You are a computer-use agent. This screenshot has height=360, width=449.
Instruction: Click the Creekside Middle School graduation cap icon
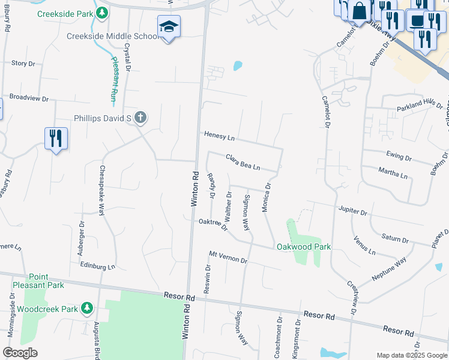(169, 26)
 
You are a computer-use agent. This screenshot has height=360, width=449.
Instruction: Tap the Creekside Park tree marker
(102, 13)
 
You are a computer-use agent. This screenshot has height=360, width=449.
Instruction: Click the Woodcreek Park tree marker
(87, 308)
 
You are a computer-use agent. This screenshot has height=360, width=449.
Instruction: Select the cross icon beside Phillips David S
(140, 118)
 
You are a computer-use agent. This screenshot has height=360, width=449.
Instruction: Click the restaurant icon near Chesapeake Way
(56, 138)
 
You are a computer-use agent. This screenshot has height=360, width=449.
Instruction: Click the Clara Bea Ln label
(243, 162)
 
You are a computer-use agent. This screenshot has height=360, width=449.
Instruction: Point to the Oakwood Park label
(303, 247)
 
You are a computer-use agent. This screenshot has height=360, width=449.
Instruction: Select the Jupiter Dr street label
(352, 212)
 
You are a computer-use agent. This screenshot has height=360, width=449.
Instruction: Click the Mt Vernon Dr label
(228, 257)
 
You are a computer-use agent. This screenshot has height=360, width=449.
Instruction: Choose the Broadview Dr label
(28, 97)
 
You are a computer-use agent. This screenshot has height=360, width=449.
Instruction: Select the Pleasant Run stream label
(114, 78)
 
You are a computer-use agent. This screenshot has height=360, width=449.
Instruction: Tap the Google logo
(20, 352)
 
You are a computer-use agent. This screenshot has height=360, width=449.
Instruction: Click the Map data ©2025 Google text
(411, 355)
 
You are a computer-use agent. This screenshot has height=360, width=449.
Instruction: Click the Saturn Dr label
(396, 238)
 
